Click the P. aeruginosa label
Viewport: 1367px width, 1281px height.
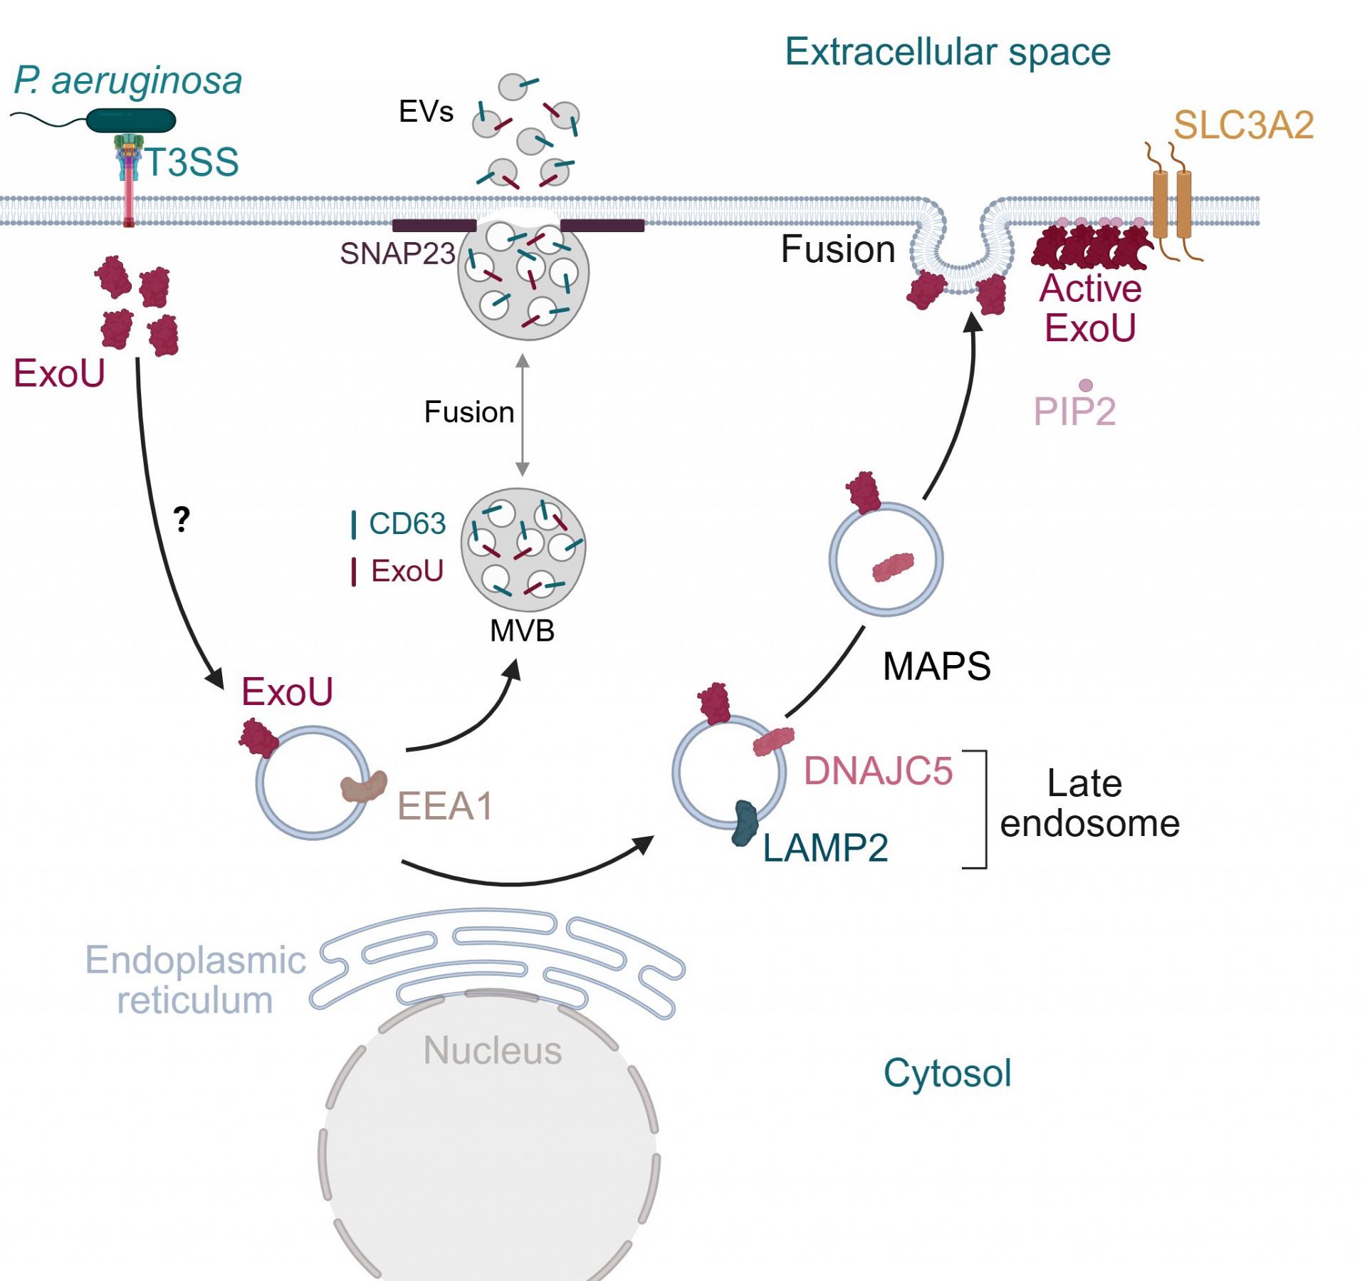128,80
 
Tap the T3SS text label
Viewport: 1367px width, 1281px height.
192,162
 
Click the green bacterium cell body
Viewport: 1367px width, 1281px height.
131,120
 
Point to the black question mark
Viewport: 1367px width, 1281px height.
182,519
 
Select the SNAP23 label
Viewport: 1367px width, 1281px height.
397,253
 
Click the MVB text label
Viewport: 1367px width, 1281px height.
522,631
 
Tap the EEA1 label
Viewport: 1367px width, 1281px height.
445,806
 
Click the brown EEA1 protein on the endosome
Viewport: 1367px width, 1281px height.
363,787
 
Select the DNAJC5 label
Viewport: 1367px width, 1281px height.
878,770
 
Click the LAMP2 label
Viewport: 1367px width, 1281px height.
825,848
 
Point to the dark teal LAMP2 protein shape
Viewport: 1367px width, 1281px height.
745,823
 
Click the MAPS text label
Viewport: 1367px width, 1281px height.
936,666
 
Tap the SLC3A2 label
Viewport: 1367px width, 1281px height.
1243,125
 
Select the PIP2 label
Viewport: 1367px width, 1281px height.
1074,411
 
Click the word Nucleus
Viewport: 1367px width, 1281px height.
493,1050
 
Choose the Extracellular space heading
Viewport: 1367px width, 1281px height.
948,52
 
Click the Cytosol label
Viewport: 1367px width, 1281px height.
947,1073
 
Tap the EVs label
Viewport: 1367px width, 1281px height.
426,111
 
